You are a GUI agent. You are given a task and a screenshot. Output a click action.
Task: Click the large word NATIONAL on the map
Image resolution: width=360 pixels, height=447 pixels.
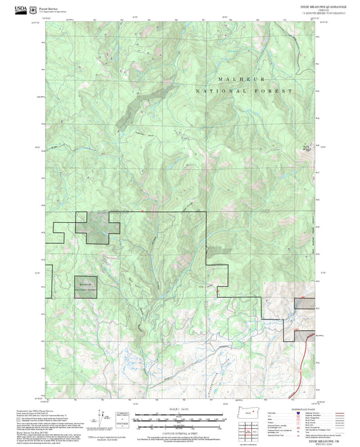pos(215,90)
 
